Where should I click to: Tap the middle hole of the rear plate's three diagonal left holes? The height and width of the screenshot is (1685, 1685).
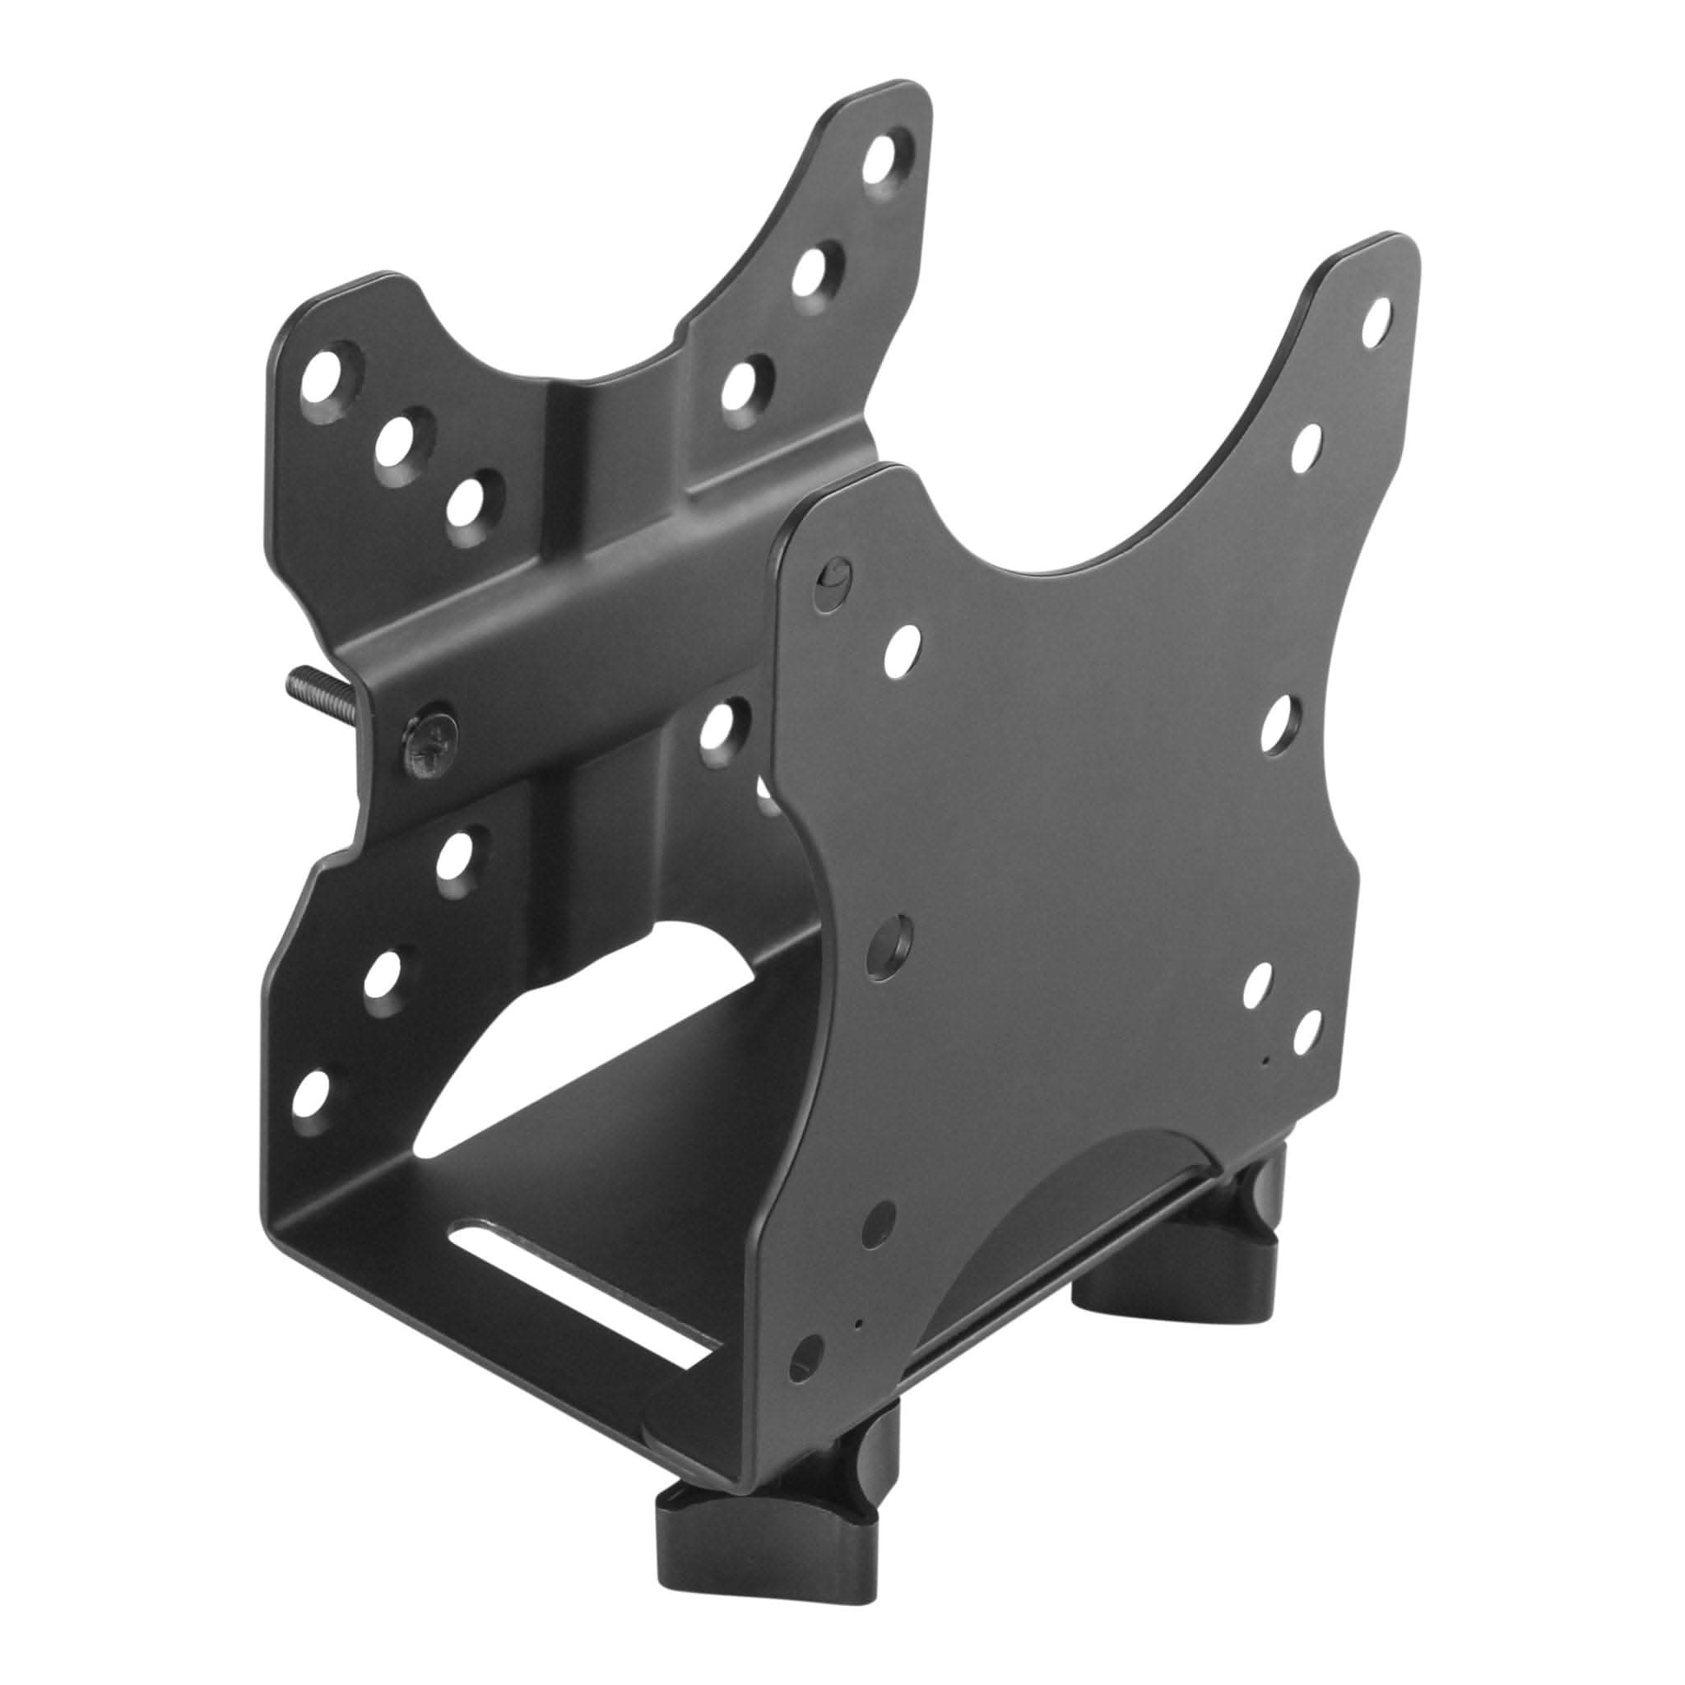[402, 446]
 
